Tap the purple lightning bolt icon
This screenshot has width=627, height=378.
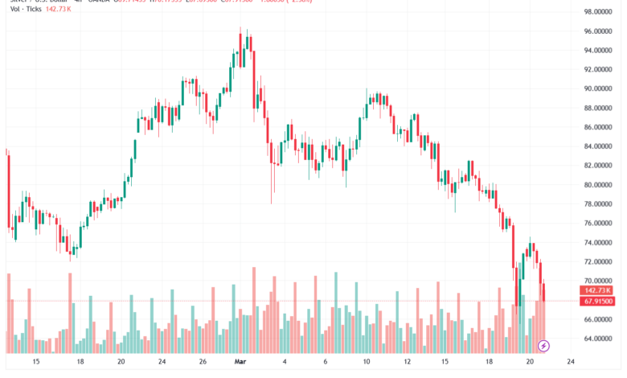tap(543, 346)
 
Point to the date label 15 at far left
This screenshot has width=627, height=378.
tap(35, 363)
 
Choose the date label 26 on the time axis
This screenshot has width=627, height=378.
tap(204, 363)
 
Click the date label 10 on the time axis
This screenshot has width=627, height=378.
tap(366, 363)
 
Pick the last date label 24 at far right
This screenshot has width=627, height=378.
tap(570, 363)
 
